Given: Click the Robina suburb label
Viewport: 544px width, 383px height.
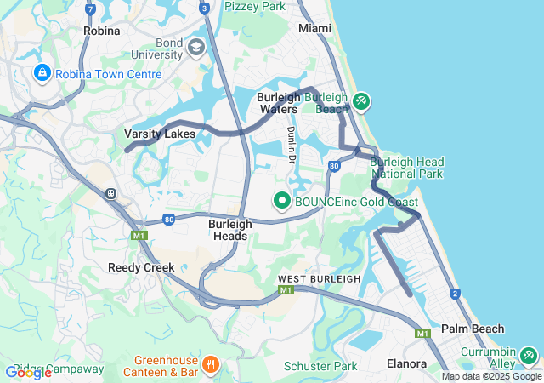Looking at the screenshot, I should (x=102, y=30).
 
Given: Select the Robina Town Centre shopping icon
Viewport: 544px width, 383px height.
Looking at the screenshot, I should (x=41, y=74).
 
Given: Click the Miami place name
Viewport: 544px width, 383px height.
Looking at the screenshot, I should (x=314, y=28).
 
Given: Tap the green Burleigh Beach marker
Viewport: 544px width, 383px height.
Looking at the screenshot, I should (x=361, y=102).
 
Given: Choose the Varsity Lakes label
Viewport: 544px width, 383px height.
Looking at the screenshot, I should (x=160, y=134).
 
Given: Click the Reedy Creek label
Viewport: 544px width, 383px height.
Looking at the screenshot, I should (x=141, y=267).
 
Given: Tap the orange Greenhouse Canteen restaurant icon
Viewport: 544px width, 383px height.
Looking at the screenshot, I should (x=211, y=365).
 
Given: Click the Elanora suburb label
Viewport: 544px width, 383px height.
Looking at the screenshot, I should (x=406, y=363).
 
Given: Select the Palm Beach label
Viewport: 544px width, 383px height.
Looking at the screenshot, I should (x=473, y=329).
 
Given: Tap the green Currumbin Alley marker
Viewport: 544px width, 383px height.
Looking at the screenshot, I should (x=529, y=354).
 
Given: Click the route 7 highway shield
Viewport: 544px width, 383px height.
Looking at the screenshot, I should (x=90, y=9).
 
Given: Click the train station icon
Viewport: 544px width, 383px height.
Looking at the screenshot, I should (x=111, y=192).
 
